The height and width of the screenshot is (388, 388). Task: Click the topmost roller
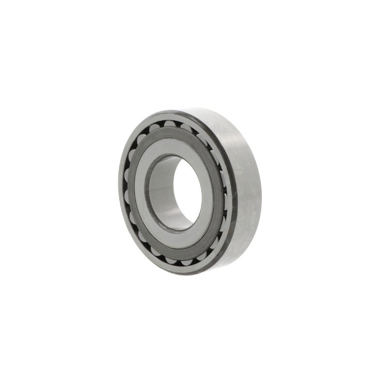170,124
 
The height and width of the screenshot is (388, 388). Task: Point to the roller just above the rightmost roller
223,176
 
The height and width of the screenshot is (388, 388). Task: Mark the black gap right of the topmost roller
178,125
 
